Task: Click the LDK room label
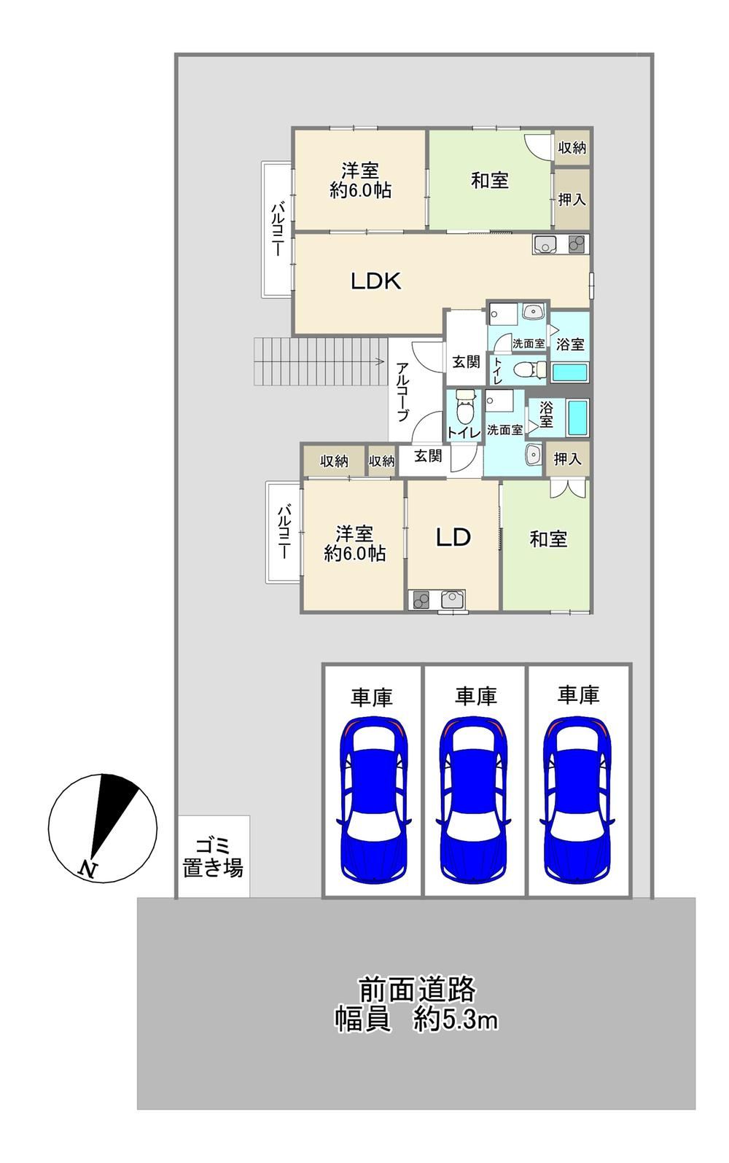tap(375, 281)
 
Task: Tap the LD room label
tap(453, 537)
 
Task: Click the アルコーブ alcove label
tap(403, 392)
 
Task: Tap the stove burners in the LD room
tap(419, 600)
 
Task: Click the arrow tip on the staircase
tap(383, 361)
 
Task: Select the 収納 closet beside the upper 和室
tap(572, 147)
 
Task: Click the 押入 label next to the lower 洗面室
tap(567, 458)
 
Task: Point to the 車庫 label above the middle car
tap(475, 696)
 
